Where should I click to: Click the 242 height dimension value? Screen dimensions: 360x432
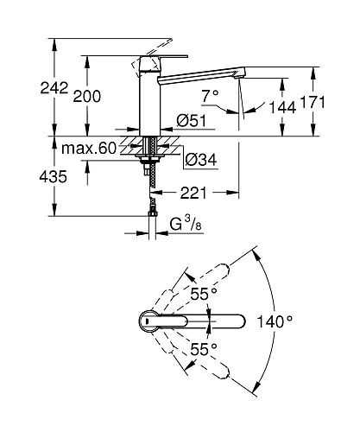pyautogui.click(x=54, y=88)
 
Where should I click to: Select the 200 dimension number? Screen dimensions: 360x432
pyautogui.click(x=86, y=96)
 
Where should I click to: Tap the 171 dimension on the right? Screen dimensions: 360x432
pyautogui.click(x=313, y=102)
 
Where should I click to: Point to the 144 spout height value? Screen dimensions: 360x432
pyautogui.click(x=282, y=107)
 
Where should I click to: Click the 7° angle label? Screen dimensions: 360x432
pyautogui.click(x=210, y=96)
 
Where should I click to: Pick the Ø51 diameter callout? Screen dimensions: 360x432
pyautogui.click(x=192, y=120)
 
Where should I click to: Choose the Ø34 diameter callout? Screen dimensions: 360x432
pyautogui.click(x=201, y=159)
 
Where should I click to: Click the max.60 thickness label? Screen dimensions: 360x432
pyautogui.click(x=89, y=149)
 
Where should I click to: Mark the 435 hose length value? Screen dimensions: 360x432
pyautogui.click(x=53, y=176)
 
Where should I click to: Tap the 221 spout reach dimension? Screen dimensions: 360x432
pyautogui.click(x=193, y=193)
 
